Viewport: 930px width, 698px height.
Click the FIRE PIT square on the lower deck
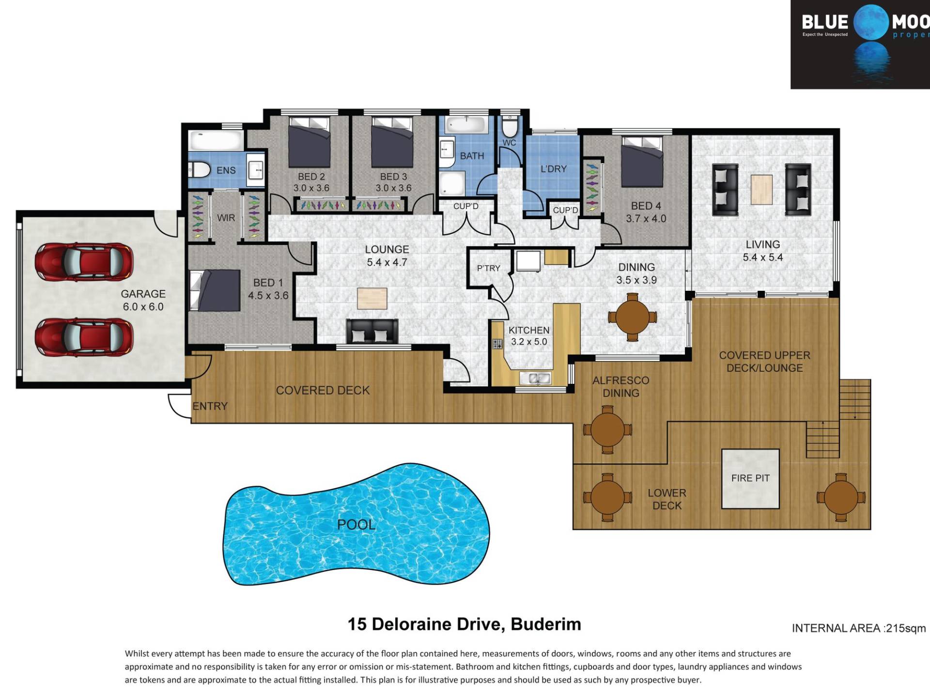[x=750, y=478]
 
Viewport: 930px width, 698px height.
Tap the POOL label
[x=356, y=524]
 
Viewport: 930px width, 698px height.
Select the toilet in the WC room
[x=509, y=126]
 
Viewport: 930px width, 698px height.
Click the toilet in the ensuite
[x=200, y=170]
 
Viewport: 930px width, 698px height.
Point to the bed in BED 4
[x=642, y=161]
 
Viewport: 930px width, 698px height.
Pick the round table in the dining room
[x=632, y=317]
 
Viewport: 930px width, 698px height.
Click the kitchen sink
[x=535, y=378]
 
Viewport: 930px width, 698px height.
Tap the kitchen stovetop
[x=497, y=344]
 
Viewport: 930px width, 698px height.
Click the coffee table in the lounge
[x=372, y=298]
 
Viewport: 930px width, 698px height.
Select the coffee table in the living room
[x=761, y=190]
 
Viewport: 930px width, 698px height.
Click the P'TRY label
[x=488, y=268]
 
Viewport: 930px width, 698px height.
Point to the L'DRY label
[x=553, y=169]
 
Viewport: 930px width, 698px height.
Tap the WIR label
[x=226, y=218]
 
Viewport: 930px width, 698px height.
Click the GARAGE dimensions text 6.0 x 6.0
[x=143, y=307]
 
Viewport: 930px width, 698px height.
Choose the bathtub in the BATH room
[x=466, y=125]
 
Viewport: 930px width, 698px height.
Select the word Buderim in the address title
[x=546, y=624]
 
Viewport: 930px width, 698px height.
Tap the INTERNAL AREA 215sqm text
[x=859, y=628]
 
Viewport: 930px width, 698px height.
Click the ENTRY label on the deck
[x=210, y=406]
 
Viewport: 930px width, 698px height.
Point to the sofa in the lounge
[x=372, y=332]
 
